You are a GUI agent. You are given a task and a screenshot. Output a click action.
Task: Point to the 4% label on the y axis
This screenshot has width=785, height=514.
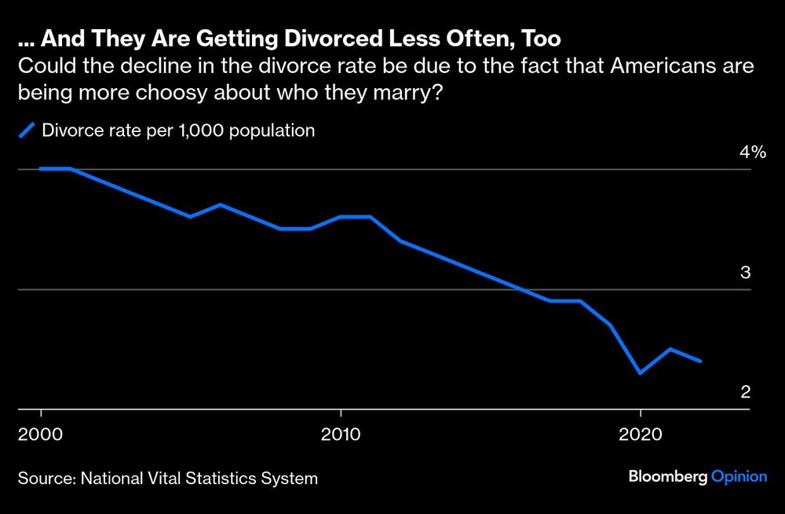click(751, 152)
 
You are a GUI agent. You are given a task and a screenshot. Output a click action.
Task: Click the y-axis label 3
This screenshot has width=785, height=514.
click(747, 273)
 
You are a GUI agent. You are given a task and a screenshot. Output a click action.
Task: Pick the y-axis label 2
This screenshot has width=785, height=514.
click(747, 392)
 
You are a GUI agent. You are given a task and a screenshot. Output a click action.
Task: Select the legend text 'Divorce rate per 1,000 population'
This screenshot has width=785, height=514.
click(178, 130)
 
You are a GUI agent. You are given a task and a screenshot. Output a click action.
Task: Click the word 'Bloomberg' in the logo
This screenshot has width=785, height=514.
click(667, 477)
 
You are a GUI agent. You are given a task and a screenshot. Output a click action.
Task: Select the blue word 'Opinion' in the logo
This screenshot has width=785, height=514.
click(738, 477)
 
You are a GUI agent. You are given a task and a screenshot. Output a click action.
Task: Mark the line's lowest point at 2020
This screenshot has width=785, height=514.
click(641, 373)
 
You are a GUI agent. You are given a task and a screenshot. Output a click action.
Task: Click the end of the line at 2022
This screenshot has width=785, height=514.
click(700, 361)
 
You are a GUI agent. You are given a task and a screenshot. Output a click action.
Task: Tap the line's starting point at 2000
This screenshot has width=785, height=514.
click(41, 169)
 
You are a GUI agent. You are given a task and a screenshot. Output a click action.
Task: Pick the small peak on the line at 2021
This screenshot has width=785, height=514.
click(670, 349)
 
